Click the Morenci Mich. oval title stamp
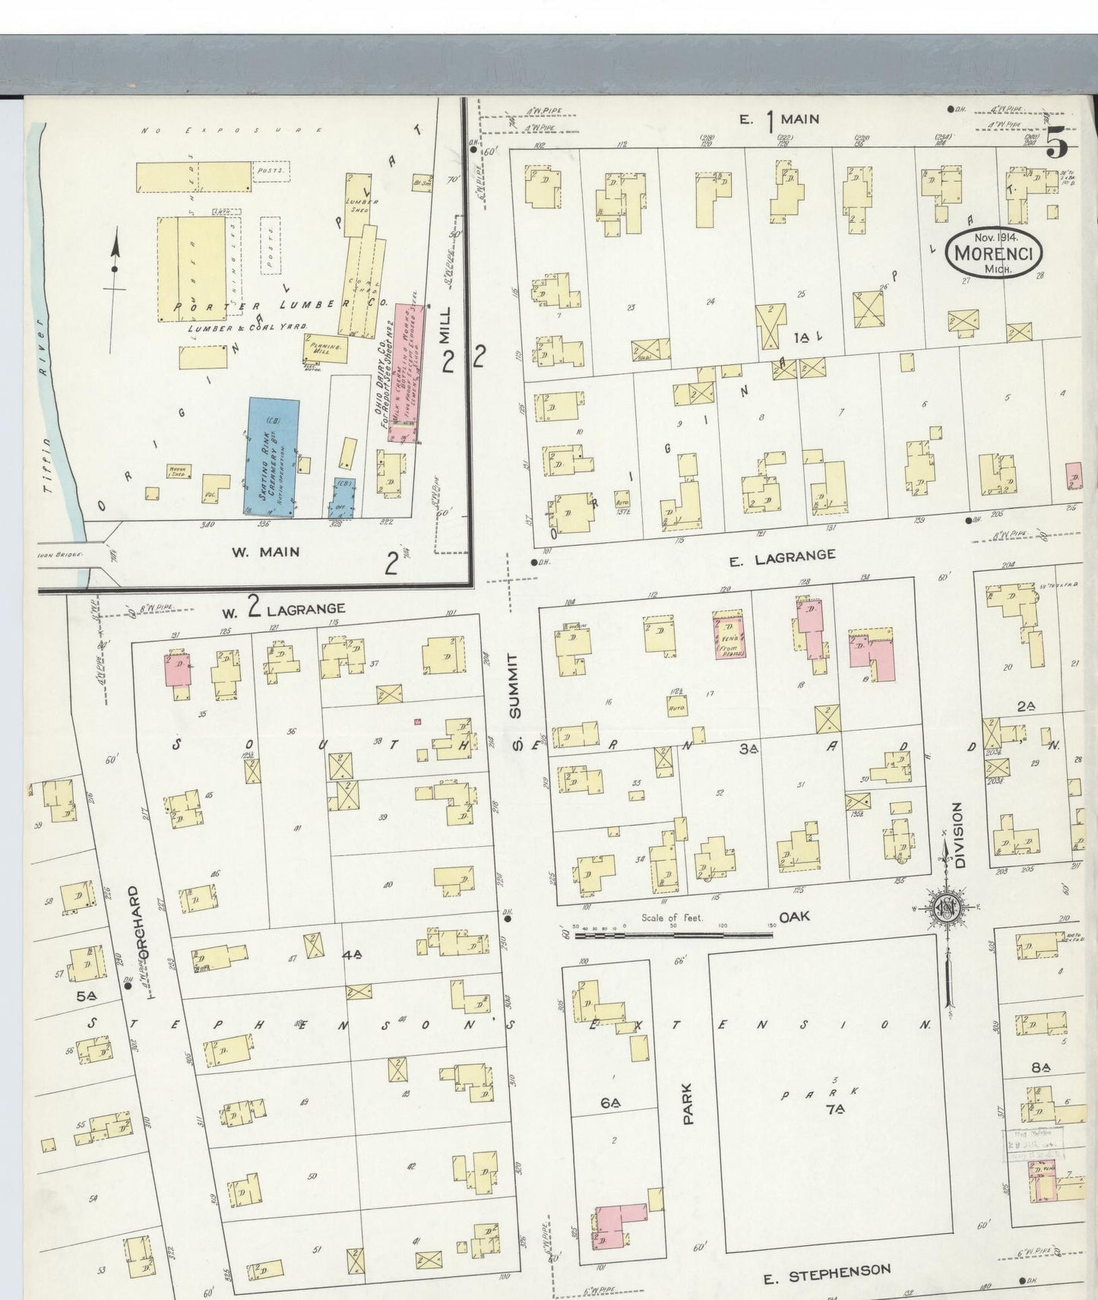994,252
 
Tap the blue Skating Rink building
271,456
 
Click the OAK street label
794,916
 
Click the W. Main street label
265,552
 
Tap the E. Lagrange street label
782,558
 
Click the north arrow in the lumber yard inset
115,266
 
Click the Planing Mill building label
327,347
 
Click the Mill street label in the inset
445,328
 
